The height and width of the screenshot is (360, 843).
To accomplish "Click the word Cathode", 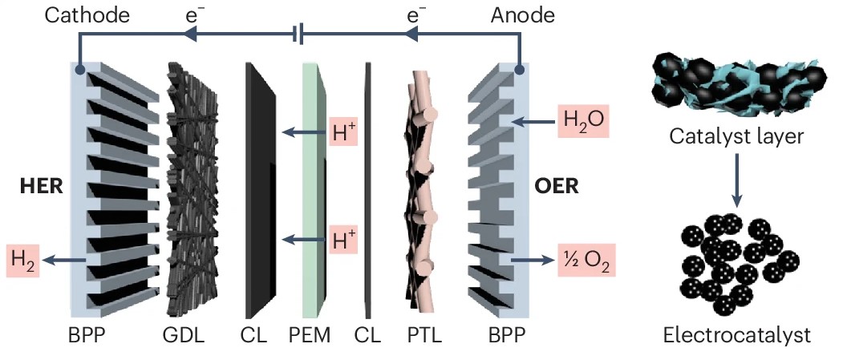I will [x=76, y=14].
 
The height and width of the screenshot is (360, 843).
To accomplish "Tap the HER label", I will [x=42, y=187].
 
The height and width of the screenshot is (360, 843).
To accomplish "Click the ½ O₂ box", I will [x=583, y=261].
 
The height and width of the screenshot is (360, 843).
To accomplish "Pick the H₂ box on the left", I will [x=24, y=260].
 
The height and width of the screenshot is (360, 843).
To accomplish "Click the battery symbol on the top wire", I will [x=297, y=34].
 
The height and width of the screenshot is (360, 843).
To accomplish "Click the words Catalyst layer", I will [x=736, y=137].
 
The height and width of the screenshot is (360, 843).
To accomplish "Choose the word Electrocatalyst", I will [x=736, y=334].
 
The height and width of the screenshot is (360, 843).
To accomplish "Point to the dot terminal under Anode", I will [x=521, y=71].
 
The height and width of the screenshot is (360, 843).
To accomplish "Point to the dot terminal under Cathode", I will [x=80, y=71].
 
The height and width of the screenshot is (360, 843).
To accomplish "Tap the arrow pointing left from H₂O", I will [x=533, y=123].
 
